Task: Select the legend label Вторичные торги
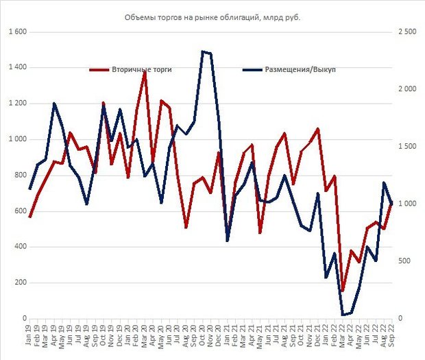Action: pyautogui.click(x=142, y=69)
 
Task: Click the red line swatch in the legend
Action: pyautogui.click(x=99, y=69)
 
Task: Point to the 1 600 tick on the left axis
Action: pyautogui.click(x=16, y=32)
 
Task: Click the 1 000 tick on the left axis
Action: pyautogui.click(x=16, y=139)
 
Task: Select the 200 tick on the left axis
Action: pyautogui.click(x=19, y=283)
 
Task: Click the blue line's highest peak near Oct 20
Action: pyautogui.click(x=203, y=51)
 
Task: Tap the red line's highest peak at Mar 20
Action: pyautogui.click(x=145, y=71)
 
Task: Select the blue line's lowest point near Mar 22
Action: pyautogui.click(x=343, y=315)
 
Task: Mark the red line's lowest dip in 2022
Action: pyautogui.click(x=343, y=290)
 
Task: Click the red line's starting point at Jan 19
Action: pyautogui.click(x=30, y=217)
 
